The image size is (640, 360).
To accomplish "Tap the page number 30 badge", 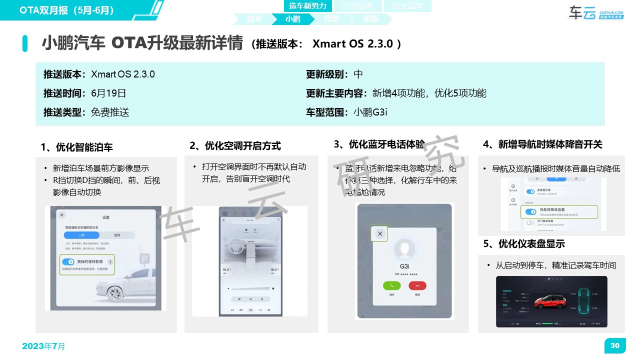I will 614,345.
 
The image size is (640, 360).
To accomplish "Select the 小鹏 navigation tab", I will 293,19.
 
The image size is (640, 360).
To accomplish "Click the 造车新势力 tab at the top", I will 307,6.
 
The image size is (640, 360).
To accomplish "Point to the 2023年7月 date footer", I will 43,346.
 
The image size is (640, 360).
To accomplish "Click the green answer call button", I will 391,285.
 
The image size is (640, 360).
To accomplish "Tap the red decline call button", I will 417,285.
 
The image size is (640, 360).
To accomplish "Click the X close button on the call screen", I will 380,233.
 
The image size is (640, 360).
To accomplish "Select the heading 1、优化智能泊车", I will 76,147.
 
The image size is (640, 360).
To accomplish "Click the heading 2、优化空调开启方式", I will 235,146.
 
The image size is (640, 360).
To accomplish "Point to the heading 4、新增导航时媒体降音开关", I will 542,144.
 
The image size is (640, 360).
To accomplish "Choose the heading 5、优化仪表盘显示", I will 523,244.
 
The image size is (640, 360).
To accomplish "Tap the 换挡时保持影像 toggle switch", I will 68,261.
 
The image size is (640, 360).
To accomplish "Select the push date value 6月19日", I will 108,93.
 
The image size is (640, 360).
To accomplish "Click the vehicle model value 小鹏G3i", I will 370,112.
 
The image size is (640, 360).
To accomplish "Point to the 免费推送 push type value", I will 110,112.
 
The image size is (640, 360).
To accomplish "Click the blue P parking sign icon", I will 144,258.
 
